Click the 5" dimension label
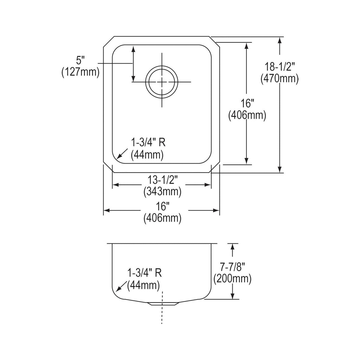pyautogui.click(x=80, y=61)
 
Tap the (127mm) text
pyautogui.click(x=80, y=72)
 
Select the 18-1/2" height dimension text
pyautogui.click(x=280, y=67)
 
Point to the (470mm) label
pyautogui.click(x=280, y=79)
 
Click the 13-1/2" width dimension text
pyautogui.click(x=162, y=180)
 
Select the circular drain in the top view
pyautogui.click(x=162, y=82)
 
